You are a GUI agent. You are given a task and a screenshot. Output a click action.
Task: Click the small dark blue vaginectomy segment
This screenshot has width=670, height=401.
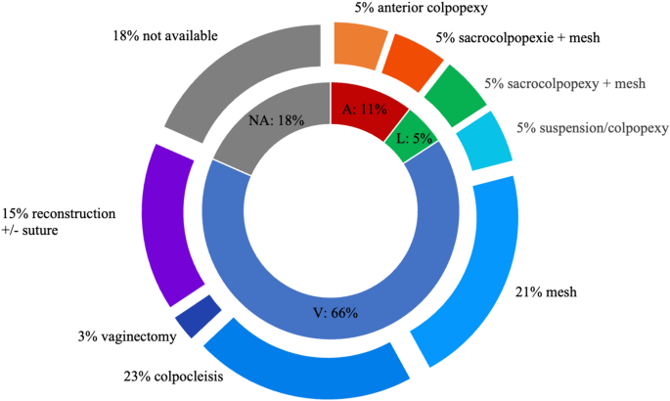click(196, 315)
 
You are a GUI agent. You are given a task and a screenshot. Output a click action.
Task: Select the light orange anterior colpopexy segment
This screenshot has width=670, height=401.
click(354, 45)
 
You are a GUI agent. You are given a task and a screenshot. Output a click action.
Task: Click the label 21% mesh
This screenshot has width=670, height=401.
click(545, 290)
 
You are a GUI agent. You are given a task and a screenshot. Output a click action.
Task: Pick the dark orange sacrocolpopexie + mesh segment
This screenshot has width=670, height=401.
click(409, 60)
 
